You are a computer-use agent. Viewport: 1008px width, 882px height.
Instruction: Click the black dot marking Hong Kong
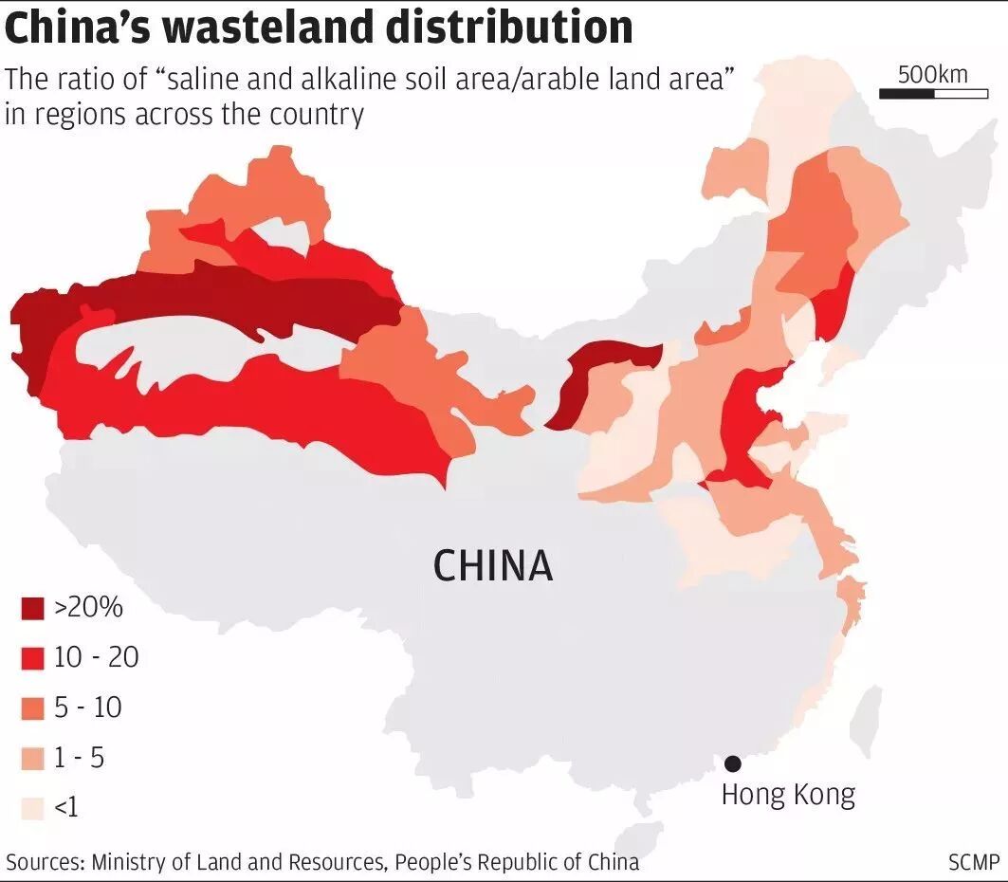[x=732, y=763]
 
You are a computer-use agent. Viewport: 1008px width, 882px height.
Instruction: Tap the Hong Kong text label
[x=788, y=794]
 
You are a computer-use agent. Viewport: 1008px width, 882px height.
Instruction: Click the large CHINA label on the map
[x=492, y=566]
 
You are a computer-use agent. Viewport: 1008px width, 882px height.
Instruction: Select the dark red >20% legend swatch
[x=32, y=608]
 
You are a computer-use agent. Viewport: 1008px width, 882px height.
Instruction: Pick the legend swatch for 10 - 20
[x=32, y=658]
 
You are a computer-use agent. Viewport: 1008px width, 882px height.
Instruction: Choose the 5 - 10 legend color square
[x=32, y=708]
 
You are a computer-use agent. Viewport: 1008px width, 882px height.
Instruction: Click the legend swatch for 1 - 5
[x=32, y=759]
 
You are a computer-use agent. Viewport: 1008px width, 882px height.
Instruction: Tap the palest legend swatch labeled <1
[x=32, y=809]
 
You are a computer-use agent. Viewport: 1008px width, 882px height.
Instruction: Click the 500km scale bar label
[x=932, y=73]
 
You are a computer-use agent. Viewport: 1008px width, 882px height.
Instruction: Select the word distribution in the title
[x=509, y=28]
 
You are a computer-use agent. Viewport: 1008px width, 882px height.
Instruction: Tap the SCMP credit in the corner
[x=974, y=862]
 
